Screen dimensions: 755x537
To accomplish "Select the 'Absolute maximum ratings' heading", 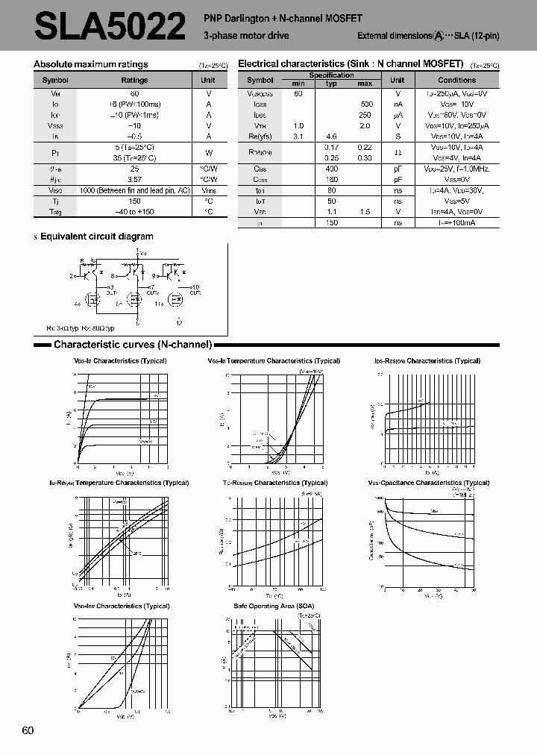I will coord(91,65).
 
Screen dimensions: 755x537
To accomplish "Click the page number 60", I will coord(28,730).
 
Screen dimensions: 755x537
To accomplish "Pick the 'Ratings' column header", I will coord(134,80).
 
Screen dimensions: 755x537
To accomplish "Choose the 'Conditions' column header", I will coord(456,80).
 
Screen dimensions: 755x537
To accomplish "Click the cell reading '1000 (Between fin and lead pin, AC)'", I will coord(134,191).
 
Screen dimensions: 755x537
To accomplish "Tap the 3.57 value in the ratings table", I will coord(134,180).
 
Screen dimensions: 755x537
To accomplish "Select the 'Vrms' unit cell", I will coord(208,191).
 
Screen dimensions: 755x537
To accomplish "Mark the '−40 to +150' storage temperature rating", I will coord(134,212).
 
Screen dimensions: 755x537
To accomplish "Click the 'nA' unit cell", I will coord(398,104).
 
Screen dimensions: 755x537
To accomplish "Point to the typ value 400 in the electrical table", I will coord(331,169).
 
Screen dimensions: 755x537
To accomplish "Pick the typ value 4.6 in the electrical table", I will coord(331,137).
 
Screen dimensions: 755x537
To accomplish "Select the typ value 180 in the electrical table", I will coord(331,180).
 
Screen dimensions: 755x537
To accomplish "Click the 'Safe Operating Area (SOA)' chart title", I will coord(273,606).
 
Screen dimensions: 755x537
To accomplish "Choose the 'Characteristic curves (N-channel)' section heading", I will coord(133,345).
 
